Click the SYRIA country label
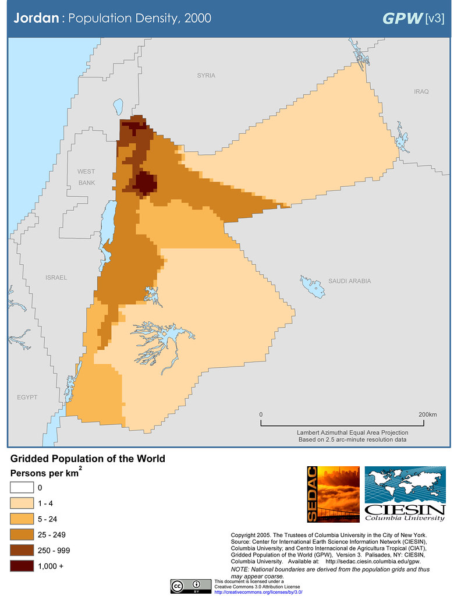206,76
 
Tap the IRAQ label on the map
421,92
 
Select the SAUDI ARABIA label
349,281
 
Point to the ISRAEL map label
56,278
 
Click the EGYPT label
27,397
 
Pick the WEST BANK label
86,177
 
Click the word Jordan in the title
36,18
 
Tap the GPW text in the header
402,18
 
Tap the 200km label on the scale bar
427,414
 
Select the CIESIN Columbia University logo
405,494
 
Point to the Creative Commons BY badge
191,586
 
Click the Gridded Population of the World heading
88,459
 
